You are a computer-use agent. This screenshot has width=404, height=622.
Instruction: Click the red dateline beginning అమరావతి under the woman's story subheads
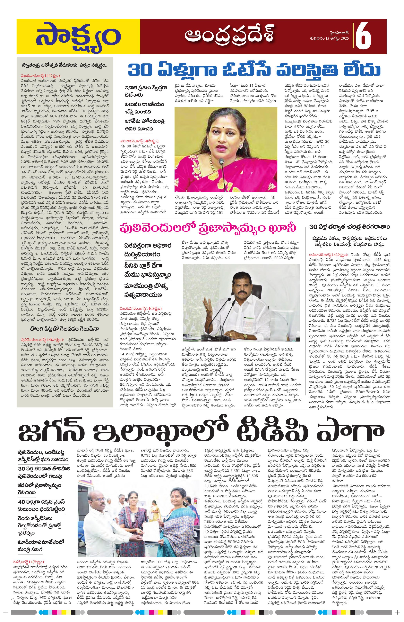pos(141,140)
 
